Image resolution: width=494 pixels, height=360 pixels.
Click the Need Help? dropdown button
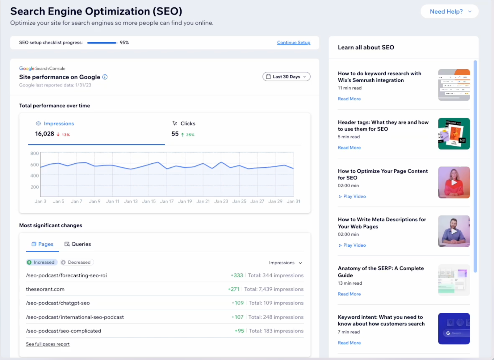[x=449, y=12]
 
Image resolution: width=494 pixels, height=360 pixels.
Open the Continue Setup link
[x=293, y=43]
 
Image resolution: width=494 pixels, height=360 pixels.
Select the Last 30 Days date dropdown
[x=286, y=77]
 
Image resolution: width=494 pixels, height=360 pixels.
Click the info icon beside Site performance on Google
[x=105, y=77]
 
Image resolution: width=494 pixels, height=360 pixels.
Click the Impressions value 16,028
[x=44, y=134]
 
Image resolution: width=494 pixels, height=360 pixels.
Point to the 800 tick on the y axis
[x=35, y=153]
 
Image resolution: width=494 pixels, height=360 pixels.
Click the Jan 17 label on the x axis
[x=167, y=201]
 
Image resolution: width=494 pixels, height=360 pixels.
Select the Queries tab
[x=77, y=244]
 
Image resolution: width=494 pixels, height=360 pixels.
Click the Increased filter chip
[x=41, y=262]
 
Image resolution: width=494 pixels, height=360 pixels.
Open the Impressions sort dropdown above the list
[x=285, y=263]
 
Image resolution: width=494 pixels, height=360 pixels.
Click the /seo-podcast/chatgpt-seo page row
[x=58, y=303]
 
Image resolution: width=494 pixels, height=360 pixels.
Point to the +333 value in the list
[x=237, y=275]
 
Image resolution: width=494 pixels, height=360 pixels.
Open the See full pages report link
[x=48, y=344]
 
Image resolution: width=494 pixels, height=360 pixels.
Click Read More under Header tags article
[x=349, y=148]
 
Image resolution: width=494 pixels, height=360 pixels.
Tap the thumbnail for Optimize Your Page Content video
[x=454, y=182]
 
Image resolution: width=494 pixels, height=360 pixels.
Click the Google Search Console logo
[x=42, y=69]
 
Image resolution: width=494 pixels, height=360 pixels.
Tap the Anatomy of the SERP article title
[x=380, y=272]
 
